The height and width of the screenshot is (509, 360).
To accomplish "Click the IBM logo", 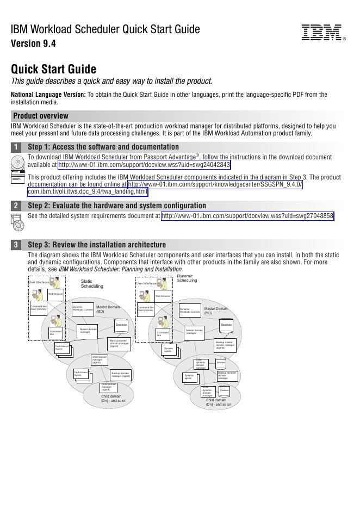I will pyautogui.click(x=321, y=33).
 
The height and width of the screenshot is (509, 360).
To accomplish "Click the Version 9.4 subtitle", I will pyautogui.click(x=33, y=44).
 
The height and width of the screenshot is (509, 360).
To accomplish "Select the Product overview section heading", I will pyautogui.click(x=41, y=116).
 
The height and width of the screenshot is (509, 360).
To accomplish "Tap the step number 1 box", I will pyautogui.click(x=16, y=147).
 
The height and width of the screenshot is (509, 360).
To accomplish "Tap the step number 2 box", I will pyautogui.click(x=16, y=206).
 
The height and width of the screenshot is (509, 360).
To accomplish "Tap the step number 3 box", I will pyautogui.click(x=16, y=245).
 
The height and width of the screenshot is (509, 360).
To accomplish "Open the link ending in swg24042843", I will pyautogui.click(x=144, y=165).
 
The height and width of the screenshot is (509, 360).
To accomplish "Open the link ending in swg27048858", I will pyautogui.click(x=247, y=216).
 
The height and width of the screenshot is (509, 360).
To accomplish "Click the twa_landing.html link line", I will pyautogui.click(x=87, y=191).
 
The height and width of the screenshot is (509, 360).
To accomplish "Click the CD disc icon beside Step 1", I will pyautogui.click(x=17, y=163).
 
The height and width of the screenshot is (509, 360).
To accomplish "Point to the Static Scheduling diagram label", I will pyautogui.click(x=91, y=283).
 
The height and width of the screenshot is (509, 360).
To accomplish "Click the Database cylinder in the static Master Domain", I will pyautogui.click(x=121, y=325).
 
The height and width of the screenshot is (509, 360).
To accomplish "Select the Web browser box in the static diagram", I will pyautogui.click(x=55, y=294).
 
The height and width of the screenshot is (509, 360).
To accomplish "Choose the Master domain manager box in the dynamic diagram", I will pyautogui.click(x=194, y=331).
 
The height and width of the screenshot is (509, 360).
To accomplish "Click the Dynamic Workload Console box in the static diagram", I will pyautogui.click(x=83, y=309).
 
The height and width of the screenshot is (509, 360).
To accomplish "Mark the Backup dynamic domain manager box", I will pyautogui.click(x=227, y=375).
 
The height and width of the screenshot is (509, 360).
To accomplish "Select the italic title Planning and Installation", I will pyautogui.click(x=120, y=269).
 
